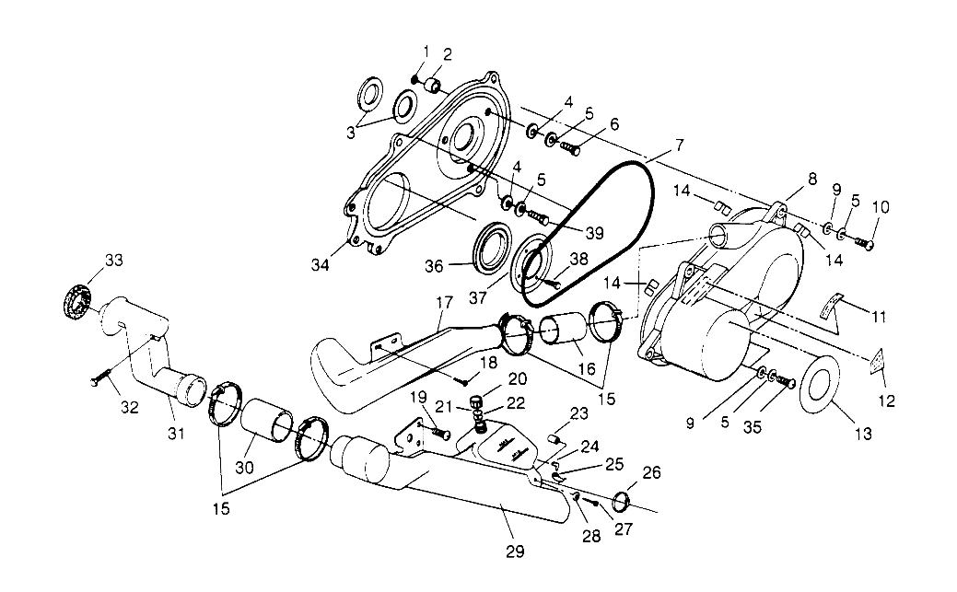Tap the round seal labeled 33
pyautogui.click(x=76, y=299)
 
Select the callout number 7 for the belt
pyautogui.click(x=679, y=145)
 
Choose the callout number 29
pyautogui.click(x=515, y=551)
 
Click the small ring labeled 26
pyautogui.click(x=621, y=502)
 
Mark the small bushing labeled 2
pyautogui.click(x=431, y=87)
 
